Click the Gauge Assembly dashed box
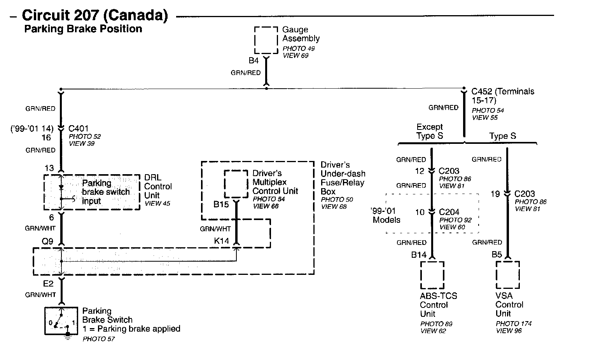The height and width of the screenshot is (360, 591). [x=266, y=40]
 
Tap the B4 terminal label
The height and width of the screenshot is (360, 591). [x=254, y=61]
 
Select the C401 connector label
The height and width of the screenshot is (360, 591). [x=79, y=128]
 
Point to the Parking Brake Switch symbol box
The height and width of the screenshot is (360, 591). [x=62, y=321]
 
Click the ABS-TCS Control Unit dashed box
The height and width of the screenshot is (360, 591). [x=432, y=275]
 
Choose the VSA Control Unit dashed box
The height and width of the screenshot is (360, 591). [x=507, y=275]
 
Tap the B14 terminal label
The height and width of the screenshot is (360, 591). [x=419, y=255]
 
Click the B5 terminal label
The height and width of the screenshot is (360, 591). [x=497, y=255]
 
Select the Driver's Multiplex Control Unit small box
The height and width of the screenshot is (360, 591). [x=236, y=184]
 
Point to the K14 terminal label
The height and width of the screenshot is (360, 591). [x=222, y=241]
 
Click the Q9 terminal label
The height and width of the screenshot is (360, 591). [x=47, y=241]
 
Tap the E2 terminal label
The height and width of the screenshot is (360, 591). [x=48, y=284]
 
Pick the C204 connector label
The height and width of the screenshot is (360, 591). [x=449, y=212]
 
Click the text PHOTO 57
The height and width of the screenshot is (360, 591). [x=99, y=339]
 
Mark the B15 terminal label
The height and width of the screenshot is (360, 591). [x=221, y=204]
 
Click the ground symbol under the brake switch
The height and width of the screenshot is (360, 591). [x=68, y=337]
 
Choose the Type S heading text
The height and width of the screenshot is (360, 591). [x=502, y=136]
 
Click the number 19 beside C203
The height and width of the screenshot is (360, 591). [x=495, y=194]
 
